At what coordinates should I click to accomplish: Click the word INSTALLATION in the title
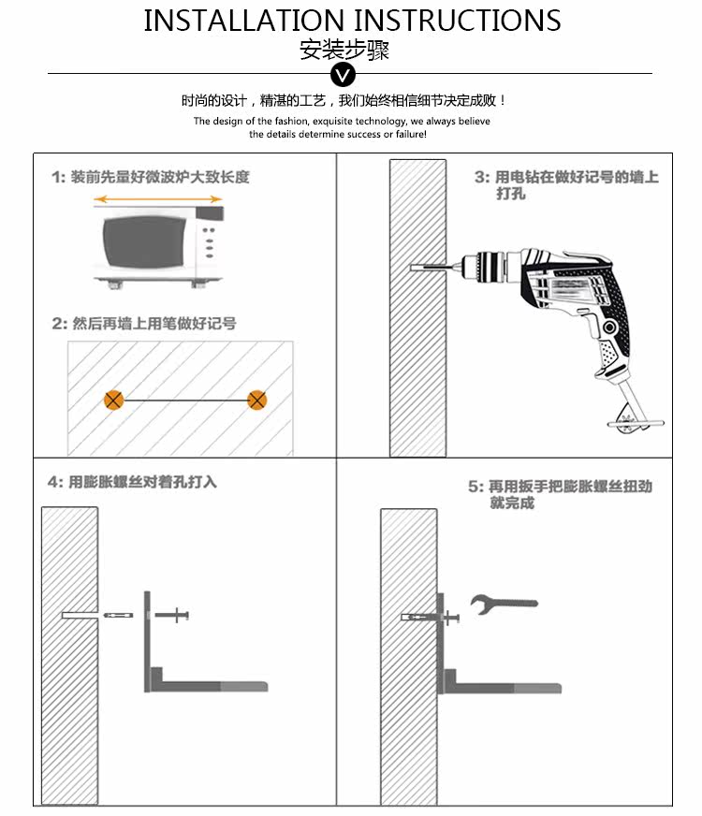pos(244,21)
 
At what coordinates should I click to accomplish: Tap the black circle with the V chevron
pos(344,75)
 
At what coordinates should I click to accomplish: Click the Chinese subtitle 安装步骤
pos(344,50)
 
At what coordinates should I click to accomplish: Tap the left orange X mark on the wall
pos(113,401)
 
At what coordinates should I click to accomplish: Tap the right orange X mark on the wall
pos(257,401)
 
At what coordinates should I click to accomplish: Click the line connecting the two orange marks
pos(185,401)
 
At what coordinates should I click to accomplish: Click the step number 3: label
pos(482,177)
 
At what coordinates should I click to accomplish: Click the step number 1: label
pos(58,177)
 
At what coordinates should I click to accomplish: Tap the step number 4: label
pos(55,482)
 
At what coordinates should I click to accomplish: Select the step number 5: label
pos(475,488)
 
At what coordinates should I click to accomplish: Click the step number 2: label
pos(59,324)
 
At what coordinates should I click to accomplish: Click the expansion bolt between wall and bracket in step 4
pos(120,615)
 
